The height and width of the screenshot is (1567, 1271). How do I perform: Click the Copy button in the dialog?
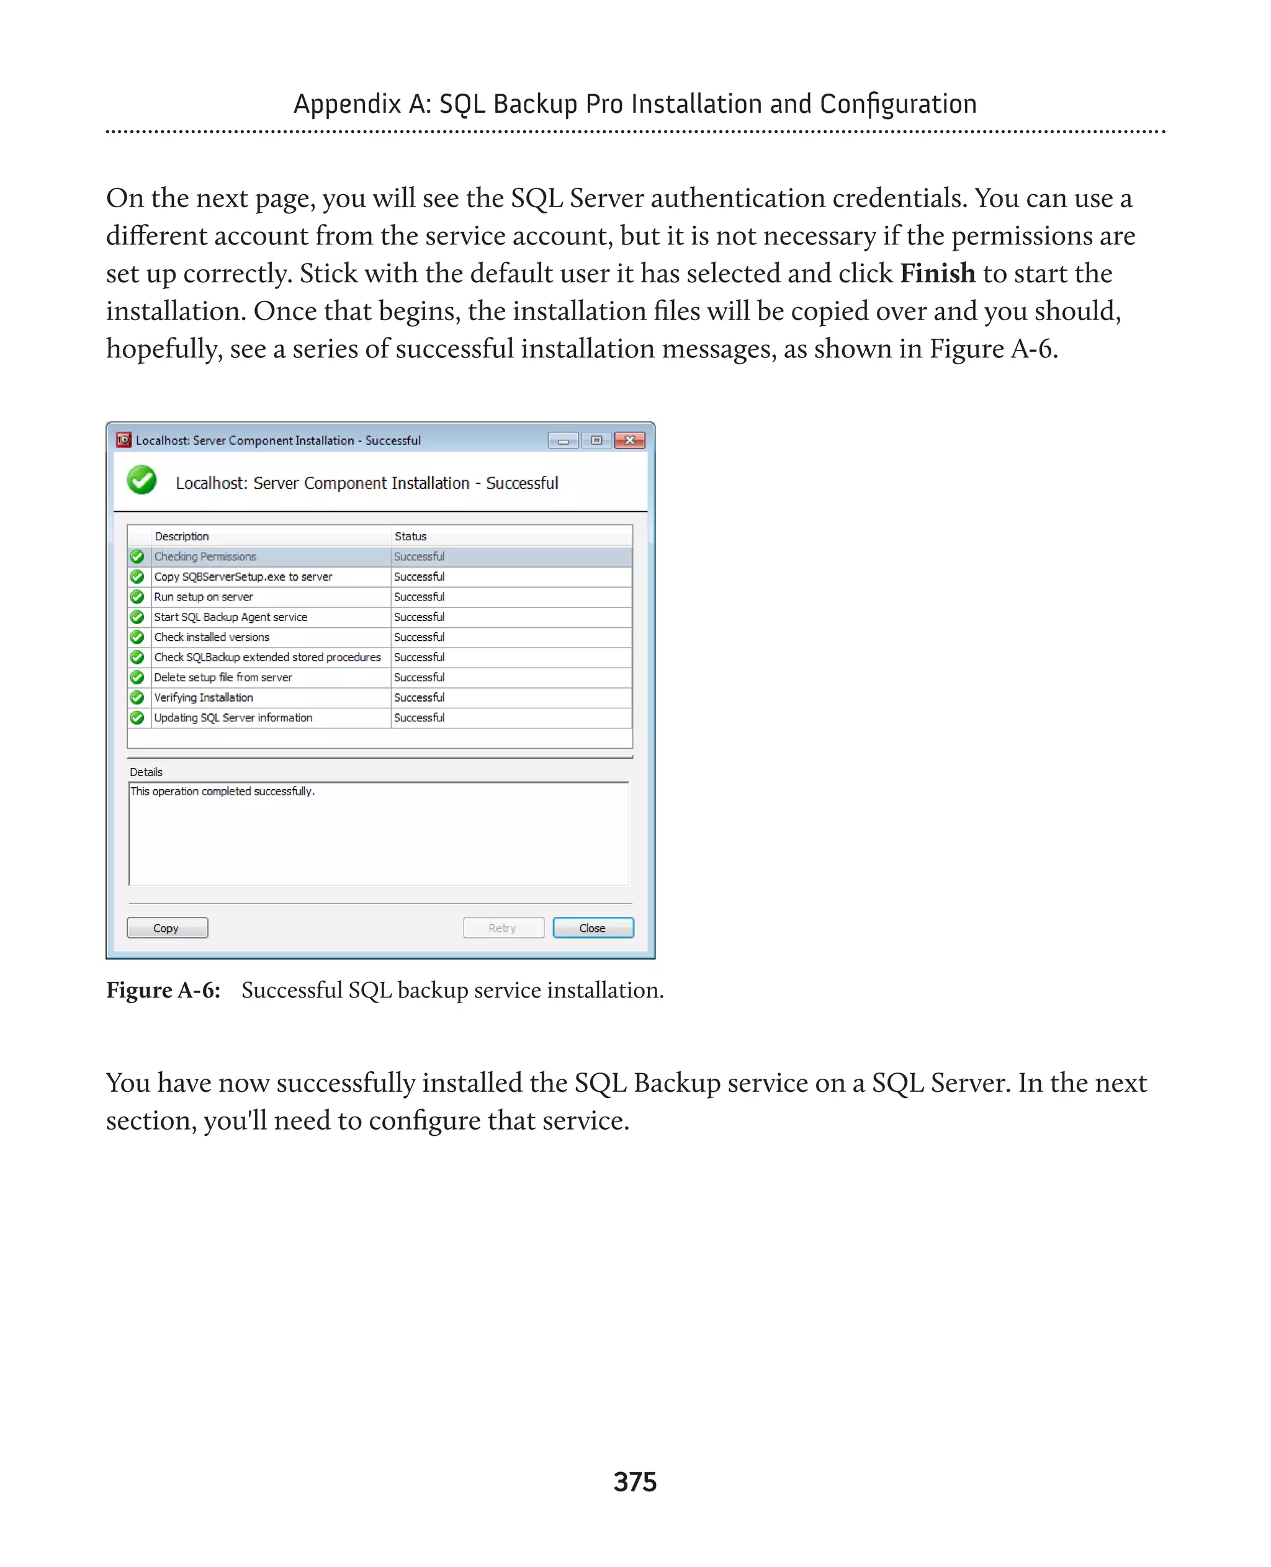(x=167, y=927)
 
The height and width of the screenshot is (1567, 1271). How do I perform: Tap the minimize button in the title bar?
(x=563, y=440)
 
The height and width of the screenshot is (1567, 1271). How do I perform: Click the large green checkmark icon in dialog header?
(x=142, y=481)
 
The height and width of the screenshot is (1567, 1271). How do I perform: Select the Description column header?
(x=182, y=537)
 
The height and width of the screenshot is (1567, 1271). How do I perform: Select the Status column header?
(x=410, y=537)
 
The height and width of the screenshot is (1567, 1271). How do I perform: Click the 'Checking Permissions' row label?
(x=205, y=556)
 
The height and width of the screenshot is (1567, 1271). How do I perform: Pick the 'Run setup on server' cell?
(x=204, y=597)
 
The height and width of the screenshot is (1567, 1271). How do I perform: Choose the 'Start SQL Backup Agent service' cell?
(x=231, y=617)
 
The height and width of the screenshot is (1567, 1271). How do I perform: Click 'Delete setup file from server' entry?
(x=223, y=677)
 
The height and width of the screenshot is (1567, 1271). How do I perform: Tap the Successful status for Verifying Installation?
(x=419, y=697)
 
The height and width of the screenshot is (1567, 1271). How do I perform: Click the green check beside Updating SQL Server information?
(x=137, y=717)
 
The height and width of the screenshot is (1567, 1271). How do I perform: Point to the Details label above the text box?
(x=146, y=772)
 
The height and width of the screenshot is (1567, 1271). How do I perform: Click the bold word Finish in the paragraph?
(x=937, y=274)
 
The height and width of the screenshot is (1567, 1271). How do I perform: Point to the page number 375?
(x=635, y=1481)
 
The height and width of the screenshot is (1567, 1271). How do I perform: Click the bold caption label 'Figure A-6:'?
(x=163, y=989)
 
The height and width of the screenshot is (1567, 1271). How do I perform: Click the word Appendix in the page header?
(x=347, y=105)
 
